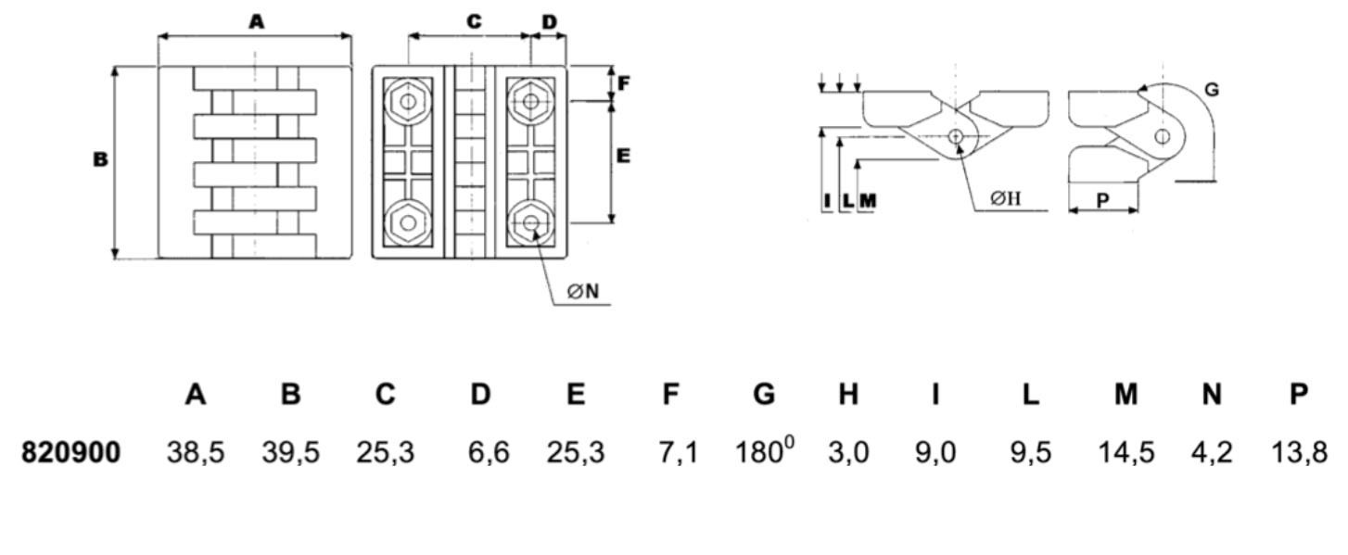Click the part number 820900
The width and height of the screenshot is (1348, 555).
pos(72,453)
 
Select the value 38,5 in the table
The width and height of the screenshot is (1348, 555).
pos(195,453)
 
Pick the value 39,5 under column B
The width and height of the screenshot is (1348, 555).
pos(291,453)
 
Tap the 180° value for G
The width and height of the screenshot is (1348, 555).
pos(764,452)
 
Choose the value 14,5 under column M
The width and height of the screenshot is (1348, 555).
pos(1125,453)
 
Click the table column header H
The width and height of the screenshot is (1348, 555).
pos(847,394)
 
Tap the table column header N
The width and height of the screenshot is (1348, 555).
pos(1211,394)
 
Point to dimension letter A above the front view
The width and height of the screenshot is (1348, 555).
pos(255,20)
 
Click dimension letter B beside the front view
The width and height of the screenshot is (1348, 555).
pos(100,159)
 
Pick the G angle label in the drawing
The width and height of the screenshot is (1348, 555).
pos(1211,90)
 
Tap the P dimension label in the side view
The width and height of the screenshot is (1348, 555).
pos(1102,198)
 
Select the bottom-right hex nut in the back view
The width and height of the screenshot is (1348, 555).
pos(529,222)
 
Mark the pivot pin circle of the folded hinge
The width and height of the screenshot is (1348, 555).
pos(1163,137)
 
